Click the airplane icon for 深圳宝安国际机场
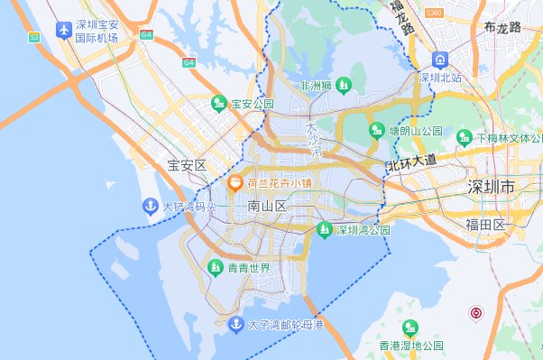(x=64, y=30)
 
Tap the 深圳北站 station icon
(x=440, y=60)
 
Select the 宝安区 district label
(x=188, y=165)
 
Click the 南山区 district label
(x=267, y=207)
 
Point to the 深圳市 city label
(x=491, y=188)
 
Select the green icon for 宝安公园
(x=218, y=104)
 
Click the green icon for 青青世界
(x=215, y=268)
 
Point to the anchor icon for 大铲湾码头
(x=150, y=207)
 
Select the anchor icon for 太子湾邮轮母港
(x=234, y=324)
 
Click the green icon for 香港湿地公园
(x=411, y=328)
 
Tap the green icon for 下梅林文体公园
(x=464, y=137)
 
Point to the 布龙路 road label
(x=502, y=27)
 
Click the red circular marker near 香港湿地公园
(x=476, y=313)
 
